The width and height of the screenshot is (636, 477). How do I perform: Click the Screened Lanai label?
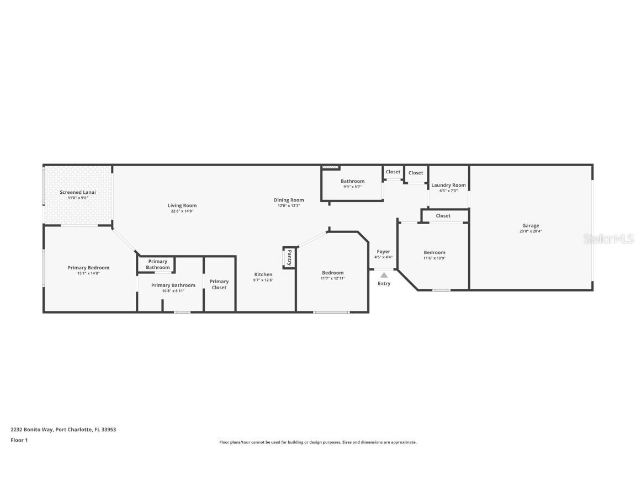click(x=78, y=192)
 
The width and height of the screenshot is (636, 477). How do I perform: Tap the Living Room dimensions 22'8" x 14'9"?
click(x=182, y=211)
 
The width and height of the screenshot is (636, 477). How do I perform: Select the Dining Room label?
click(x=289, y=200)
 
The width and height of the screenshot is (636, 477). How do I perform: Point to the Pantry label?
click(x=289, y=258)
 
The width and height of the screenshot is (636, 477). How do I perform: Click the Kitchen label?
click(x=263, y=274)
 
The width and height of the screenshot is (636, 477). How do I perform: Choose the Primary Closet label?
click(x=219, y=284)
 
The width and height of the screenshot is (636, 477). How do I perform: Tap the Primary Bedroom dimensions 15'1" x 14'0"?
click(x=88, y=273)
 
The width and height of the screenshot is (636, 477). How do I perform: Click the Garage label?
click(x=531, y=225)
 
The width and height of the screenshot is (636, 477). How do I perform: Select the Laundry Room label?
click(x=449, y=185)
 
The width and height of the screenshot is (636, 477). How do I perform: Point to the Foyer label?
click(x=383, y=252)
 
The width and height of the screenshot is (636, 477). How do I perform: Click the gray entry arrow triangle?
click(x=384, y=275)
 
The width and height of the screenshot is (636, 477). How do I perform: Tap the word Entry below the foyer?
click(x=384, y=284)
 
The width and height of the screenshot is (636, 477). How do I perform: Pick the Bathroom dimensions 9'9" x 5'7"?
click(x=352, y=187)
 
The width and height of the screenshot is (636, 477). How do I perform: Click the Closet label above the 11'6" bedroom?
click(x=443, y=216)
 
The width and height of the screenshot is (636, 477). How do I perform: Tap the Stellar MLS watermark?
click(x=608, y=239)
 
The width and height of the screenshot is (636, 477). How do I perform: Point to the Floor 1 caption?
click(x=19, y=440)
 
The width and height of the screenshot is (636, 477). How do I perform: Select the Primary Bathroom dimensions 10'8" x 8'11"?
click(x=173, y=291)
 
